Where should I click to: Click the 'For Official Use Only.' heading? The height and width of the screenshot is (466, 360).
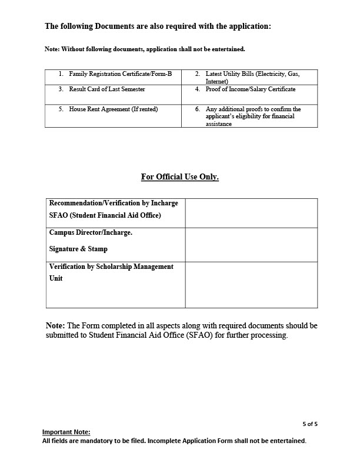point(180,177)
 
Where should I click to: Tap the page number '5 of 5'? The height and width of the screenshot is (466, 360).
point(310,423)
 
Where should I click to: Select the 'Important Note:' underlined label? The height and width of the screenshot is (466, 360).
point(66,432)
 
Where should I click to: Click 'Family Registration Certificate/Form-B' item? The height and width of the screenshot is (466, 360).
point(120,74)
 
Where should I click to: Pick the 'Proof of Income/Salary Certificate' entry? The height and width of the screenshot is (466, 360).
point(251,89)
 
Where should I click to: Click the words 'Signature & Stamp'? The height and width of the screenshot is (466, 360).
point(78,249)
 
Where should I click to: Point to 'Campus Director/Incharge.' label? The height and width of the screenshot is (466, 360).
point(91,232)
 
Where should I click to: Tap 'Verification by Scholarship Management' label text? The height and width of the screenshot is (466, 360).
point(111,267)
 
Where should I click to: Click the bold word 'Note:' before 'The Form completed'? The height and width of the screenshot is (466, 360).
point(56,325)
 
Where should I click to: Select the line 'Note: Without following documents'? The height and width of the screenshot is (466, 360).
point(145,49)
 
